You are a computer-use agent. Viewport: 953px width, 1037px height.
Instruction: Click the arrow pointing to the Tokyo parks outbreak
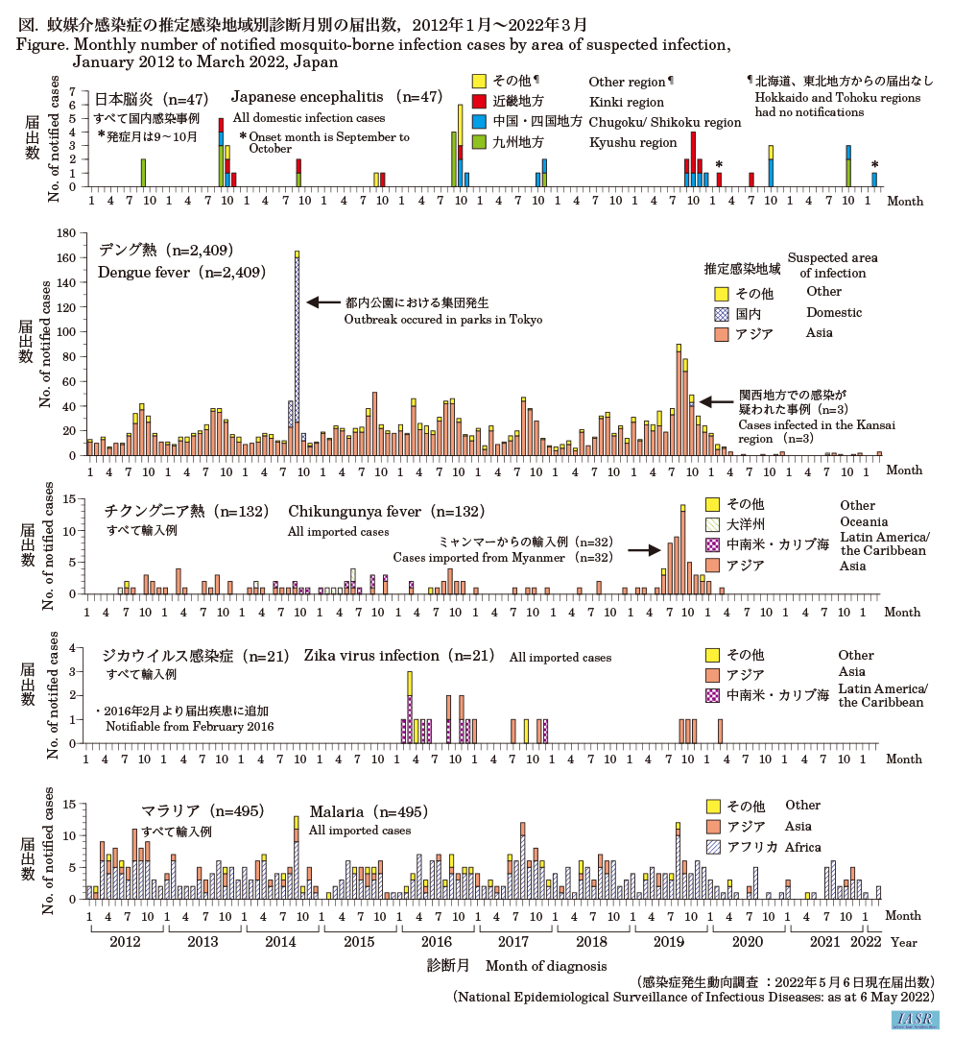click(x=322, y=302)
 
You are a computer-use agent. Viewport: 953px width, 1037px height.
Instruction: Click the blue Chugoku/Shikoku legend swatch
click(x=480, y=122)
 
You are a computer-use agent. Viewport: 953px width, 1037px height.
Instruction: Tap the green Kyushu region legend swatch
click(x=480, y=142)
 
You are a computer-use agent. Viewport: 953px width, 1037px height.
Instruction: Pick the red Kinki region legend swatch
click(x=480, y=101)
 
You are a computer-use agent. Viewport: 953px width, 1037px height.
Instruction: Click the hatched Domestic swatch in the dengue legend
click(x=721, y=313)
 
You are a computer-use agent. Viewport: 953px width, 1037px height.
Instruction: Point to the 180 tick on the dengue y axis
click(x=67, y=233)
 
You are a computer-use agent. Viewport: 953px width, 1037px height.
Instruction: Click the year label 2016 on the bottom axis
click(x=436, y=942)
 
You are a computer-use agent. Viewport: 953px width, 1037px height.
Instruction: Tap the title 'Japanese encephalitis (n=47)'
click(x=336, y=97)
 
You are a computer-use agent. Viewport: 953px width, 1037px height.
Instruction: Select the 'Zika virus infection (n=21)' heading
click(x=399, y=657)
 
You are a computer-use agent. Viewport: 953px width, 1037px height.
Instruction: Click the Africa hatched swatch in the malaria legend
click(x=713, y=848)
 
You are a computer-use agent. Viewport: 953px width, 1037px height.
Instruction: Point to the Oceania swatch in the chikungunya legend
click(x=713, y=525)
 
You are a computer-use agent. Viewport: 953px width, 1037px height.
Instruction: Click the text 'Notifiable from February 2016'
click(x=190, y=727)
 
